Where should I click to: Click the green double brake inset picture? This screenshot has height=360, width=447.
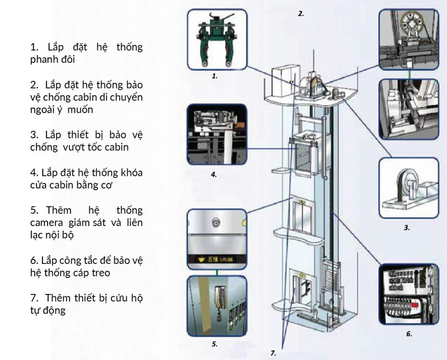click(217, 39)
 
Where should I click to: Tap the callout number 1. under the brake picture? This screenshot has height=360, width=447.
click(214, 75)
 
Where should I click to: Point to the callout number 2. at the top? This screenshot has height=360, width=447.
click(301, 14)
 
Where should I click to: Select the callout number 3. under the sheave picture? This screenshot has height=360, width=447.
click(406, 227)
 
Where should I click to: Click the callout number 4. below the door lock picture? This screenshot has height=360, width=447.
click(213, 175)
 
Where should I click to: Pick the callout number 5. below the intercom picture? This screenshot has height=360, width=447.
click(214, 344)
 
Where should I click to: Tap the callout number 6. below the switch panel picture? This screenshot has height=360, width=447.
click(409, 334)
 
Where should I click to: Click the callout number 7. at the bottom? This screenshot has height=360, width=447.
click(273, 353)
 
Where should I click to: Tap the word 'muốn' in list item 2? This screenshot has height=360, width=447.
click(81, 110)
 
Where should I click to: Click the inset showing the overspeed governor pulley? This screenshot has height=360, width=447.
click(408, 188)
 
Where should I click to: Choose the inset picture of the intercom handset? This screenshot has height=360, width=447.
click(217, 305)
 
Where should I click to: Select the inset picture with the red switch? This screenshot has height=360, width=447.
click(409, 294)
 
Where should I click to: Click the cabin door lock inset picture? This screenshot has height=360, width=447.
click(217, 134)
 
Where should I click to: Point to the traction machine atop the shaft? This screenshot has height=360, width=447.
click(314, 85)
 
